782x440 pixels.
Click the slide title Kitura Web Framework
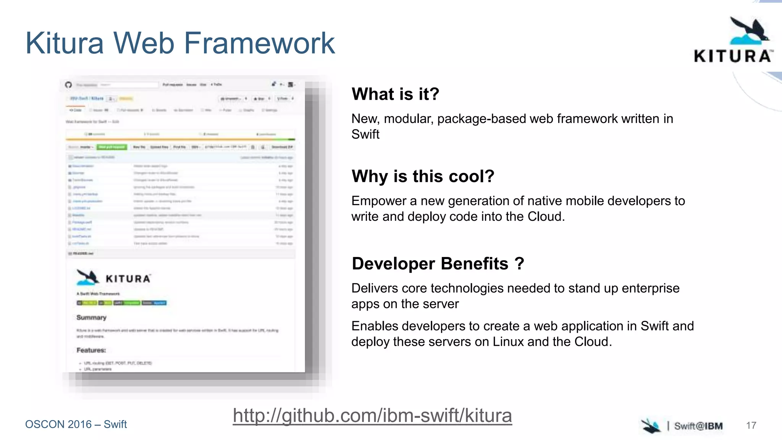(180, 43)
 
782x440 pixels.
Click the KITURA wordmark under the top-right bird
(732, 57)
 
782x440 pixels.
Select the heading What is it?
(395, 94)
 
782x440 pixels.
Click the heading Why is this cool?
(423, 176)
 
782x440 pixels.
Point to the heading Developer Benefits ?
(438, 264)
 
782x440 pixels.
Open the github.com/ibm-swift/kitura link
(372, 416)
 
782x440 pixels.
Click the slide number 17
(751, 425)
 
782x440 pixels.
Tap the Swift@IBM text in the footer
(698, 426)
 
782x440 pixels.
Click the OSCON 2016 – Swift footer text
(76, 424)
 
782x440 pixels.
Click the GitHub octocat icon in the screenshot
(68, 84)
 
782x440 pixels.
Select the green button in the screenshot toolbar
(111, 147)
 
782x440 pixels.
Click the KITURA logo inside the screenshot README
(114, 278)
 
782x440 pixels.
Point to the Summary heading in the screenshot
(91, 317)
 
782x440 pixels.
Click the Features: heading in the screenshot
(91, 350)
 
